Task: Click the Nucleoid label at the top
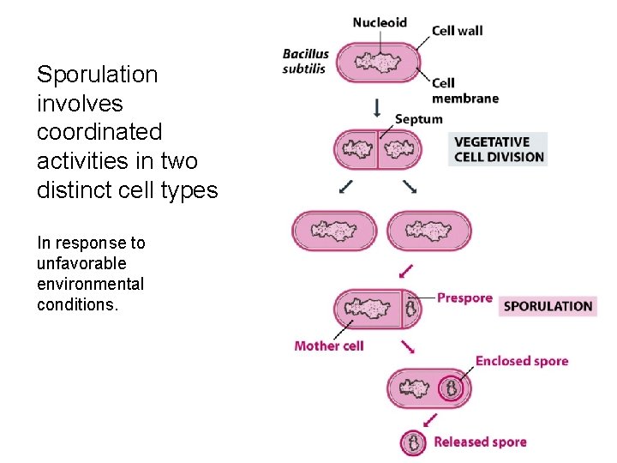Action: point(379,22)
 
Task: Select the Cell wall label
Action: point(457,31)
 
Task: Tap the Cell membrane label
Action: point(464,91)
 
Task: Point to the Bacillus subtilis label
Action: point(305,62)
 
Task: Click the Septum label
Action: point(418,119)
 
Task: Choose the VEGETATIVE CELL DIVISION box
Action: point(498,149)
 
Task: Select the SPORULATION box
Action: point(548,306)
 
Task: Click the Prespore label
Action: point(464,298)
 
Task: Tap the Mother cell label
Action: point(328,346)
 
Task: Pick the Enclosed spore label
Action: point(521,361)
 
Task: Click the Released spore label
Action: point(480,442)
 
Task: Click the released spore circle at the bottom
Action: point(414,442)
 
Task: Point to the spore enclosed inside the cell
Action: point(451,390)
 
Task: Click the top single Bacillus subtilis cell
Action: point(377,63)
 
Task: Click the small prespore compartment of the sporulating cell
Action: point(411,309)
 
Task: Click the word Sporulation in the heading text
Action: point(97,75)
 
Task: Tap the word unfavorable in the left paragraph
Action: point(81,263)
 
